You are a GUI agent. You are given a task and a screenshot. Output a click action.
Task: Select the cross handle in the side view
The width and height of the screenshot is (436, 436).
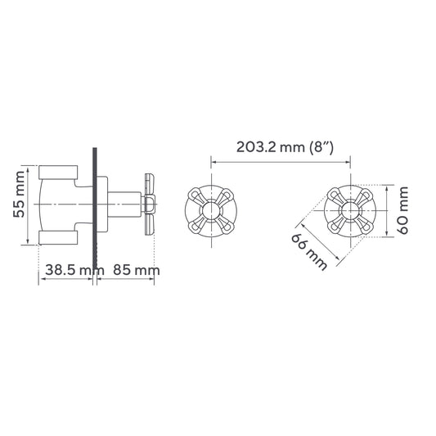(149, 205)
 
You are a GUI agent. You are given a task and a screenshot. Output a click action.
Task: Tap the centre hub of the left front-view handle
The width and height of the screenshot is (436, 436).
(211, 211)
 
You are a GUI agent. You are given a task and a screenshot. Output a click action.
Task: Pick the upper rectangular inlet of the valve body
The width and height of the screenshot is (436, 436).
(57, 173)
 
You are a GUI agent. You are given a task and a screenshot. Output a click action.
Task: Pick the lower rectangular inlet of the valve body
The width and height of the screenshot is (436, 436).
(57, 237)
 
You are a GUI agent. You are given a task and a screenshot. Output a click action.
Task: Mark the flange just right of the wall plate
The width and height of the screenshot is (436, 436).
(103, 205)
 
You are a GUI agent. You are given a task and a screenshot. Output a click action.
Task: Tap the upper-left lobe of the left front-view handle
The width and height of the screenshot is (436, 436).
(196, 196)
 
